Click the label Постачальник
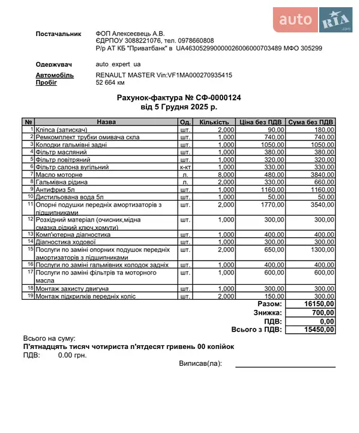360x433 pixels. point(58,34)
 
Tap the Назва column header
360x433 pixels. point(106,122)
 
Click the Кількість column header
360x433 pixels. point(214,122)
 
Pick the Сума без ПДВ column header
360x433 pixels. point(310,122)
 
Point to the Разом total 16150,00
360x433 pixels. point(319,304)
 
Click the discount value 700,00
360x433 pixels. point(323,312)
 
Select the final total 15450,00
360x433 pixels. point(319,329)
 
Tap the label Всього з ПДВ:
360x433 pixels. point(256,329)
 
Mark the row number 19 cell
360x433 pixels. point(29,296)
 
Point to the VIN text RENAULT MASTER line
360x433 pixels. point(164,75)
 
